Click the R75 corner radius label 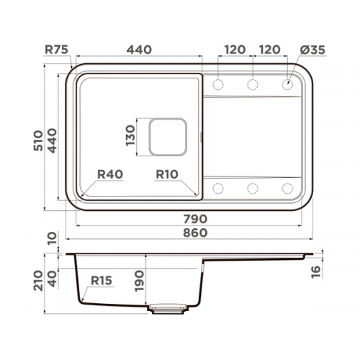(x=57, y=50)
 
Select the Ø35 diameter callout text (x=312, y=50)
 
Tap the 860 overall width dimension (x=195, y=233)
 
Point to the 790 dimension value (x=195, y=219)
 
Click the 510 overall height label (x=38, y=140)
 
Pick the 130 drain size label (x=130, y=135)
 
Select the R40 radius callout (x=110, y=174)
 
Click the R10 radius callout (x=167, y=174)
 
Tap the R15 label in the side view (x=102, y=280)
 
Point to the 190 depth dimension (x=140, y=281)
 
